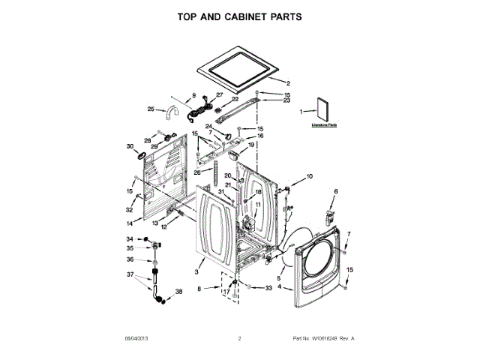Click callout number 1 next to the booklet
pos(301,112)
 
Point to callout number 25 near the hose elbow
pos(151,109)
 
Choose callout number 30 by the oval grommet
pos(130,146)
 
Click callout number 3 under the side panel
pos(196,271)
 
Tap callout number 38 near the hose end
pos(178,291)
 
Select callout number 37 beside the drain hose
pos(130,274)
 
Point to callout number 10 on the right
pos(309,176)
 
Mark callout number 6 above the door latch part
pos(335,192)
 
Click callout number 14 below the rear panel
pos(130,223)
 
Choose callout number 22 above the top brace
pos(235,99)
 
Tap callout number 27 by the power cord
pos(220,94)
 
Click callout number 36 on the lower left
pos(130,259)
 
